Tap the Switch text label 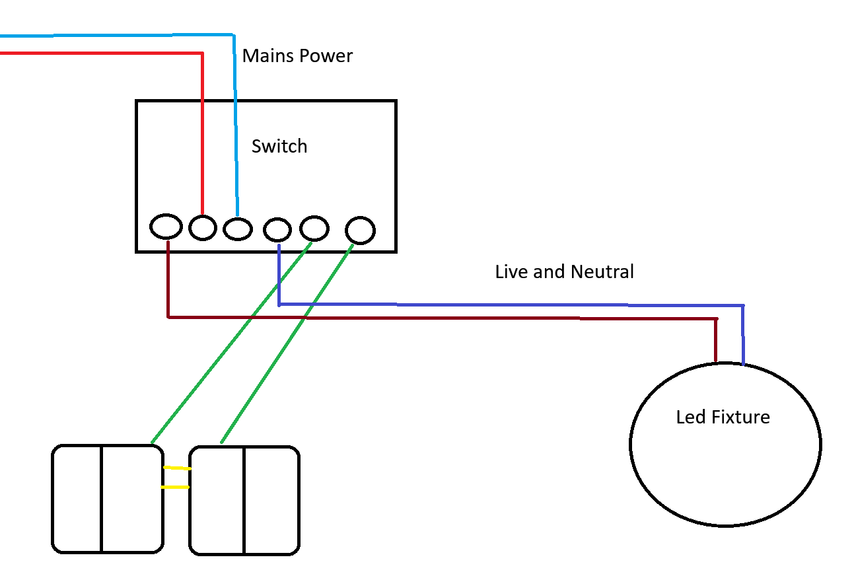(279, 146)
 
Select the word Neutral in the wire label (602, 271)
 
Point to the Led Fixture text (723, 417)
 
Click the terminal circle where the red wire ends (203, 228)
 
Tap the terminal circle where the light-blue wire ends (238, 229)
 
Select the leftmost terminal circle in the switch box (166, 227)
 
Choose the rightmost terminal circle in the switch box (361, 231)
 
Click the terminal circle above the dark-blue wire (277, 230)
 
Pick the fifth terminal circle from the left (314, 228)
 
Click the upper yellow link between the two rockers (177, 468)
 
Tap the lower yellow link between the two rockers (176, 488)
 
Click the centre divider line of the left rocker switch (102, 499)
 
